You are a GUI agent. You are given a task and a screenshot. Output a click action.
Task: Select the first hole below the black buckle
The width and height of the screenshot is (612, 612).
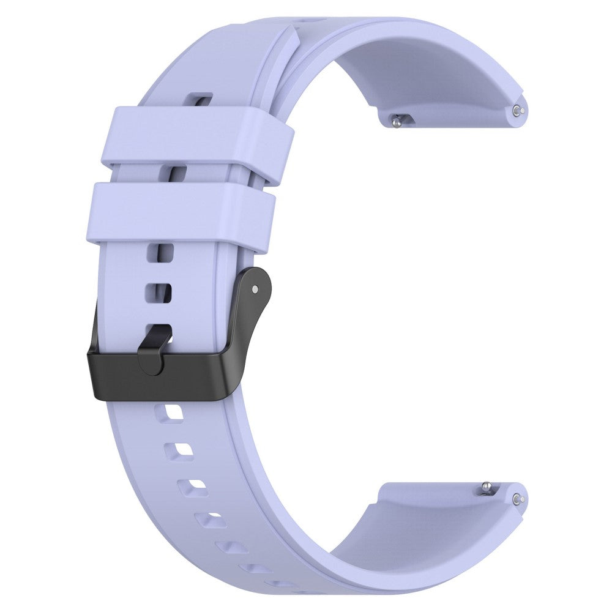170,416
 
